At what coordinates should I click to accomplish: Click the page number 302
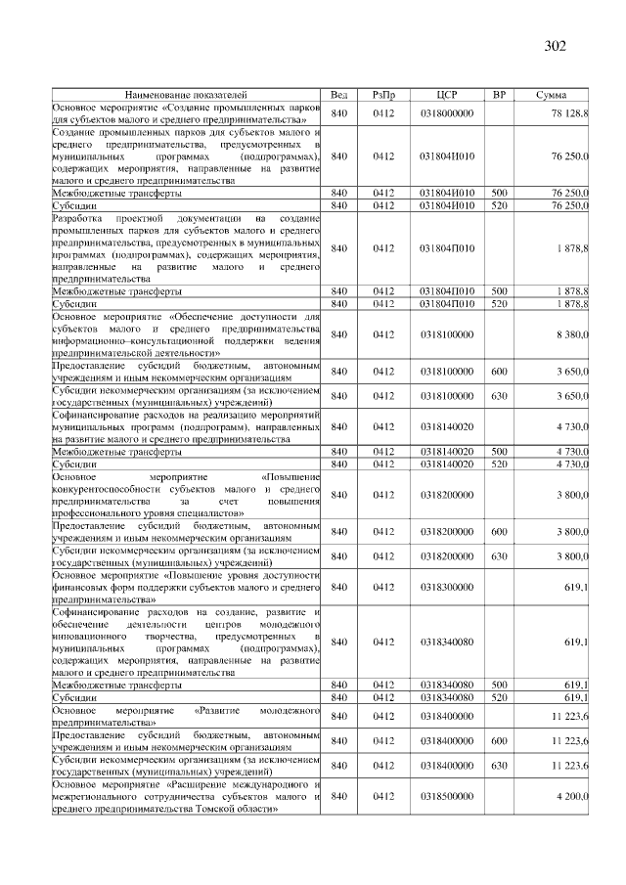pos(554,46)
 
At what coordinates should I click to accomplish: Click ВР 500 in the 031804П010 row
pos(499,290)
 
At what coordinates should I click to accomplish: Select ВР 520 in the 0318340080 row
pos(499,697)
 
